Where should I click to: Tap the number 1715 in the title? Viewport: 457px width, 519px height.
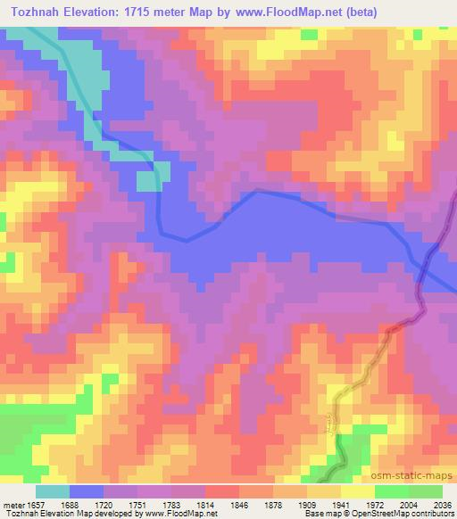[x=142, y=12]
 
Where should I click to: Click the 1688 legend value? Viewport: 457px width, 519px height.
[x=80, y=505]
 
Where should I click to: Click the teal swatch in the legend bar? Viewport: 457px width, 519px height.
[x=53, y=492]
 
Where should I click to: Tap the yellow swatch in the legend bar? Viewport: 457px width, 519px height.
[x=358, y=492]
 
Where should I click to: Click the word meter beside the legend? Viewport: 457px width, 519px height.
[x=12, y=505]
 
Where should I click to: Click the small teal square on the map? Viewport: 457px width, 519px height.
[x=148, y=181]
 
